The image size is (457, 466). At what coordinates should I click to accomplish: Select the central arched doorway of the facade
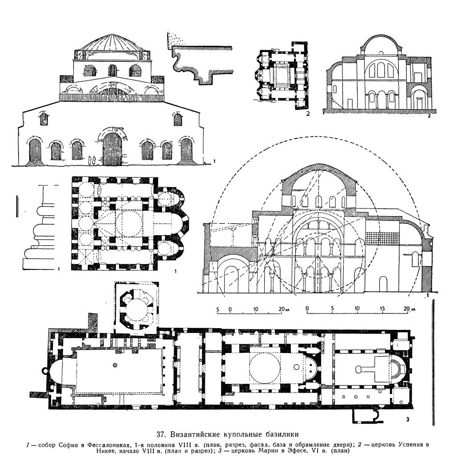pyautogui.click(x=112, y=147)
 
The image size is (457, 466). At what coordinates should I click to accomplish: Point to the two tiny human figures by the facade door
pyautogui.click(x=92, y=160)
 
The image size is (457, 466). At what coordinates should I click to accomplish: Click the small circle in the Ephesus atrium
pyautogui.click(x=115, y=365)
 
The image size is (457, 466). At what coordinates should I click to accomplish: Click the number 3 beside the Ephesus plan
pyautogui.click(x=408, y=418)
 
